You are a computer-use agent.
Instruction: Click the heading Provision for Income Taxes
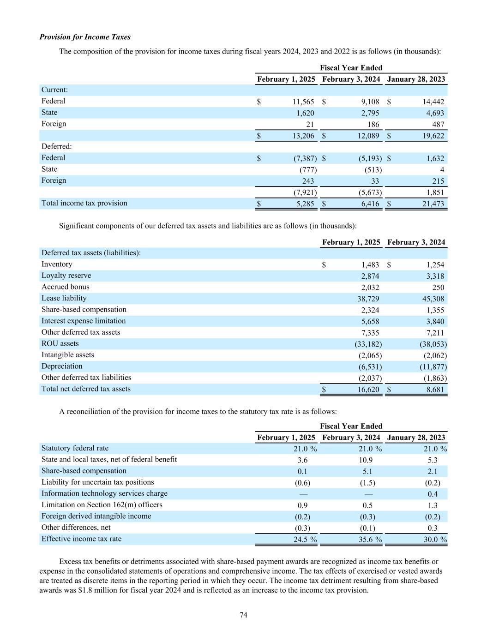pyautogui.click(x=85, y=37)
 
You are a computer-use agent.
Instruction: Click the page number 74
pyautogui.click(x=243, y=615)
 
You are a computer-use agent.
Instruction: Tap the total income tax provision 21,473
pyautogui.click(x=433, y=204)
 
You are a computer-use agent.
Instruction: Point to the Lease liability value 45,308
pyautogui.click(x=432, y=299)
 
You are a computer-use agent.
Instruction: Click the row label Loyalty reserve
pyautogui.click(x=66, y=276)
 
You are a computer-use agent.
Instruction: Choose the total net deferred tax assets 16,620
pyautogui.click(x=368, y=390)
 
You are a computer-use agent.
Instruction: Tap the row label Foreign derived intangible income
pyautogui.click(x=96, y=516)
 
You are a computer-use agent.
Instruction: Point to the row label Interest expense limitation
pyautogui.click(x=84, y=321)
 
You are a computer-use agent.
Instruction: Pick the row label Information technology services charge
pyautogui.click(x=104, y=493)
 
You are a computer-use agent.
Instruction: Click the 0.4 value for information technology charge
pyautogui.click(x=433, y=494)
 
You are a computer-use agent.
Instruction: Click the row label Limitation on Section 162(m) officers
pyautogui.click(x=102, y=504)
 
